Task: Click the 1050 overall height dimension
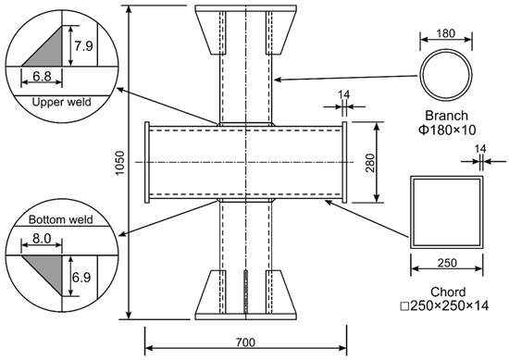pos(120,163)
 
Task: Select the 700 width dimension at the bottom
pos(246,342)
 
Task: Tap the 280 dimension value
pos(370,163)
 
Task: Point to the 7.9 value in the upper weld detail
pos(83,46)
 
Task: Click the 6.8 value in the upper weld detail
pos(42,76)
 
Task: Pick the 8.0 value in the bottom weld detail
pos(42,239)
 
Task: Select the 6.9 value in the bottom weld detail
pos(81,278)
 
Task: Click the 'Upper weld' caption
pos(61,102)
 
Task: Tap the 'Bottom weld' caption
pos(61,219)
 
